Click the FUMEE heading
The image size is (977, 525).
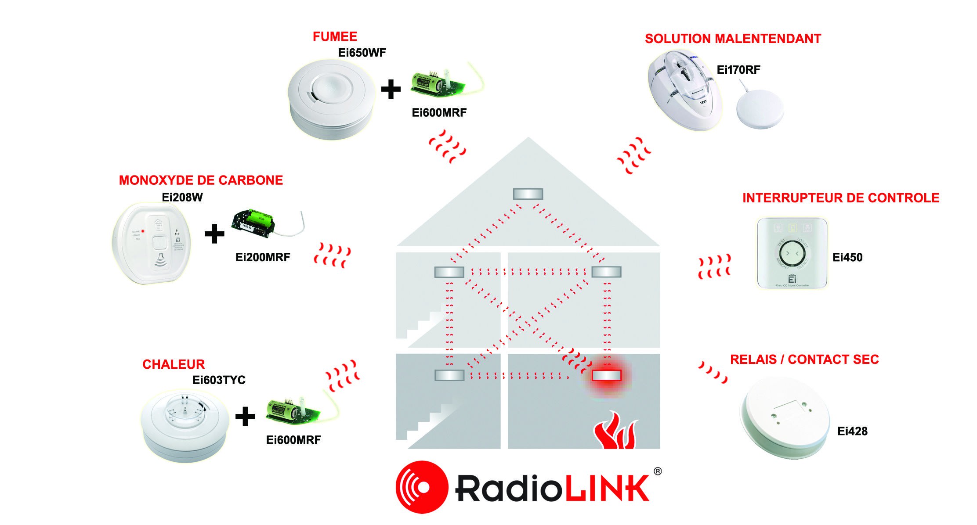pyautogui.click(x=335, y=36)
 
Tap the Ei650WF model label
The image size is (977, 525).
pyautogui.click(x=362, y=53)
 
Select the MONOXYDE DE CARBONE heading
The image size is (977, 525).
pyautogui.click(x=201, y=180)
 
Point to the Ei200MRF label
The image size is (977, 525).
pyautogui.click(x=263, y=257)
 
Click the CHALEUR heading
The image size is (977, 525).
pyautogui.click(x=174, y=364)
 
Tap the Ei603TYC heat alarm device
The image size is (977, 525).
pyautogui.click(x=185, y=424)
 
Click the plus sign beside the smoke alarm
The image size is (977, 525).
pyautogui.click(x=391, y=90)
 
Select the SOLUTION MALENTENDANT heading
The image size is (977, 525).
pyautogui.click(x=733, y=39)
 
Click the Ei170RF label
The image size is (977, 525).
pyautogui.click(x=738, y=70)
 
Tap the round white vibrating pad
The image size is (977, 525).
pyautogui.click(x=760, y=109)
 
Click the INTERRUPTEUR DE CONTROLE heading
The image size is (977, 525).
pyautogui.click(x=840, y=198)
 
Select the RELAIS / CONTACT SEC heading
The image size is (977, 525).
pyautogui.click(x=804, y=360)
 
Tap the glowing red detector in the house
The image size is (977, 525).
pyautogui.click(x=606, y=375)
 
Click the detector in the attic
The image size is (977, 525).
pyautogui.click(x=528, y=194)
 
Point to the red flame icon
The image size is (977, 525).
pyautogui.click(x=615, y=431)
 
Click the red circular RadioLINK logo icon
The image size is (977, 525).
pyautogui.click(x=422, y=487)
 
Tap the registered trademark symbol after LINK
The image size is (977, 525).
pyautogui.click(x=657, y=471)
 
